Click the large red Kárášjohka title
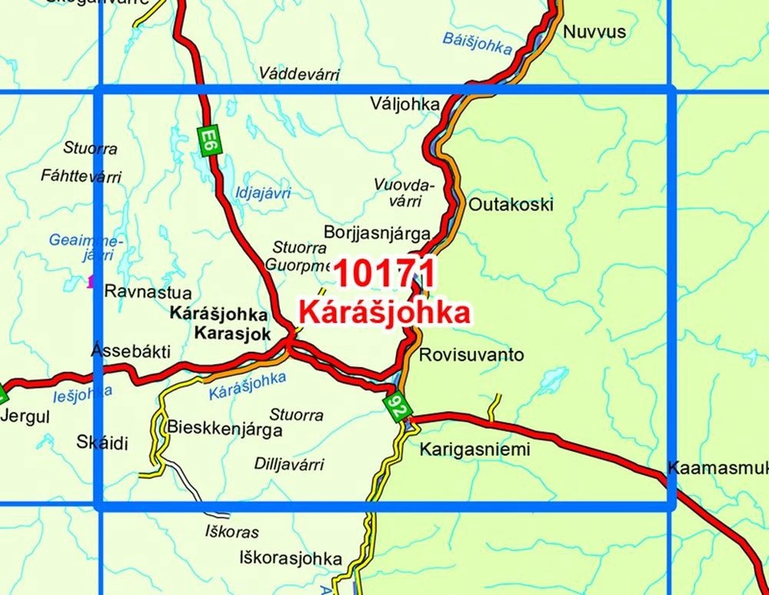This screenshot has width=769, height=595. point(384,312)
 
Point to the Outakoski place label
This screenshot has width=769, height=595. point(511,205)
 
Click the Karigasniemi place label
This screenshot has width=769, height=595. point(475,450)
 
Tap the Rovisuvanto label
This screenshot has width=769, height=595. point(471,355)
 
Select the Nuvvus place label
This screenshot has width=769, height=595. point(594,32)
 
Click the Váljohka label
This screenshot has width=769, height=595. point(404,104)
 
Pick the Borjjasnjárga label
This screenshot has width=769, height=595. point(378,232)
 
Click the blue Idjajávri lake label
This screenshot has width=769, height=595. point(264,193)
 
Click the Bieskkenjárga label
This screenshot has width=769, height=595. point(225,430)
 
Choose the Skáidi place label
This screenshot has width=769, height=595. point(102,442)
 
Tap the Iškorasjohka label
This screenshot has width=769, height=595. point(290,557)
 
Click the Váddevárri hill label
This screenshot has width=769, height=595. point(299,74)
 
